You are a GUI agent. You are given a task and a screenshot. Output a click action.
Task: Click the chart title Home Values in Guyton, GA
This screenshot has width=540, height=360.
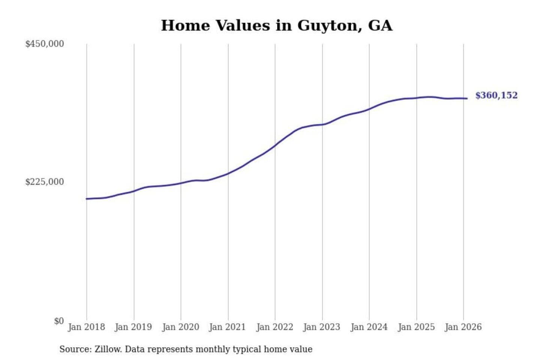coord(277,25)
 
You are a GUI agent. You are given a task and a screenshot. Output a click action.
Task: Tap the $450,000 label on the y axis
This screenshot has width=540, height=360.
coord(45,44)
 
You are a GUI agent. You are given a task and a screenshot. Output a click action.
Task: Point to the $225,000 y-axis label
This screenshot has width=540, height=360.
coord(45,182)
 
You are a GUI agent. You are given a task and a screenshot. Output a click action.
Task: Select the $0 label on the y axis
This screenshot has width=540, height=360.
coord(59,321)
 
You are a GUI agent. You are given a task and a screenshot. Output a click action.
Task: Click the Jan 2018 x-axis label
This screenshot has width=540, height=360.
coord(86,327)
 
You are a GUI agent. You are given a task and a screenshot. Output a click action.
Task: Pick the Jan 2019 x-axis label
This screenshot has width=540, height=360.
coord(133,327)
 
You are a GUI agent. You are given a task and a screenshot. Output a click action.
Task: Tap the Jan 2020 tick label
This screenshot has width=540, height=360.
coord(180,327)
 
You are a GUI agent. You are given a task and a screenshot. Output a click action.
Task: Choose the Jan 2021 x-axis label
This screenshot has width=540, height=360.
coord(227,327)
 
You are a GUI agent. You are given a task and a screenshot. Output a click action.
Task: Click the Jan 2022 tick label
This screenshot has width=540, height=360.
coord(274,327)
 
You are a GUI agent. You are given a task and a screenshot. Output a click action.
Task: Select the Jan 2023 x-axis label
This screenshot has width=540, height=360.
coord(322,327)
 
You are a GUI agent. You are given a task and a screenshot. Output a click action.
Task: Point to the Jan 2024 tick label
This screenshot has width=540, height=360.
coord(369,327)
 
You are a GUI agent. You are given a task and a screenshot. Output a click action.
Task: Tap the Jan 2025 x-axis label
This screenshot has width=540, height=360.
coord(416,327)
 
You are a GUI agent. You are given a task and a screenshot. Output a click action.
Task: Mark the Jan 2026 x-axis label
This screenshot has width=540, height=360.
coord(463,327)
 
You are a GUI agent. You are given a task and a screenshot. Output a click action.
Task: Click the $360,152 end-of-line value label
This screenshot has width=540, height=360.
coord(496,95)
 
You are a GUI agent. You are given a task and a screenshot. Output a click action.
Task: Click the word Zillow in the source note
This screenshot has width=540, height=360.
coord(108,349)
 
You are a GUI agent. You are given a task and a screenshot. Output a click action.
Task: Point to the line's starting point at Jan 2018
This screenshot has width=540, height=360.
coord(87,199)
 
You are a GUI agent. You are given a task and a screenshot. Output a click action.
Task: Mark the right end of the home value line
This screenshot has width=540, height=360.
coord(467,99)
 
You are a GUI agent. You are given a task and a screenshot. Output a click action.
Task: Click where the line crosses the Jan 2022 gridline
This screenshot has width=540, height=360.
coord(275,145)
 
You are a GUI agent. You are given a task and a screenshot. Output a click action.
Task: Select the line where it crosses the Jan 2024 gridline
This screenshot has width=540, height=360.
coord(369,109)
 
